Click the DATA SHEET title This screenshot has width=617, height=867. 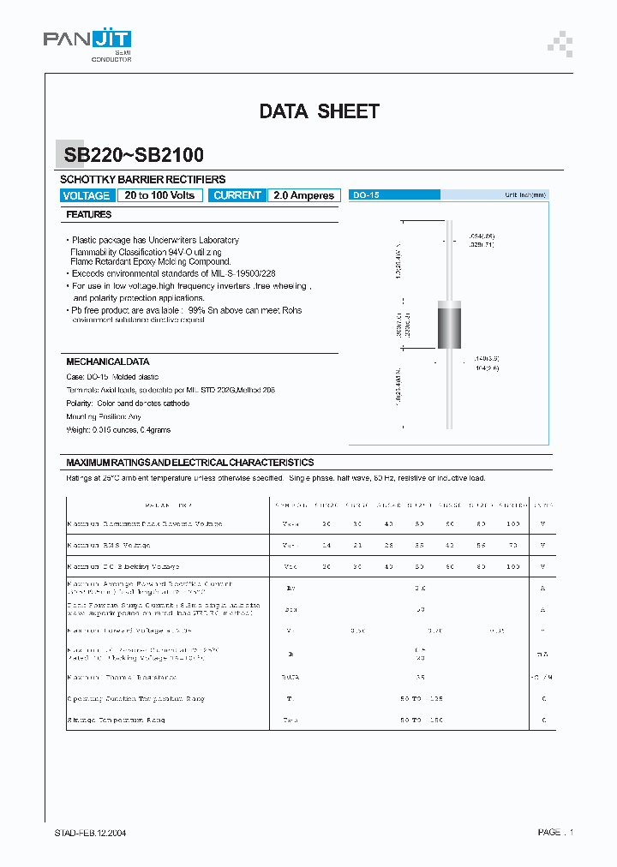pos(319,111)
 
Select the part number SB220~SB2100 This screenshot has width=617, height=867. pos(134,155)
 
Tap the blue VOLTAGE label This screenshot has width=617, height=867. pos(87,195)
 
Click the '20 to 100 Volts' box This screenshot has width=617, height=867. pos(159,195)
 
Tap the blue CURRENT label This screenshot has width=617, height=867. pos(237,195)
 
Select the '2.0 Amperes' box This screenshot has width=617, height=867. pos(303,195)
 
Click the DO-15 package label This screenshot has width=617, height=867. pos(366,195)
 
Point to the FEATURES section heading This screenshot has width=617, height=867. pos(89,215)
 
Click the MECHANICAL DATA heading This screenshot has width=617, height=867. pos(108,362)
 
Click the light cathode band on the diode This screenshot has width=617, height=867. pos(450,302)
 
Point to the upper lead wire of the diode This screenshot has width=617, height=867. pos(450,257)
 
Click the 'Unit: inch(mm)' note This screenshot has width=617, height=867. pos(524,195)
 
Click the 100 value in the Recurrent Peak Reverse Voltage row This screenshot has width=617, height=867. pos(513,523)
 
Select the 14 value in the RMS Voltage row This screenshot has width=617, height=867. pos(326,545)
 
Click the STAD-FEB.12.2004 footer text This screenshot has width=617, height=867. pos(91,833)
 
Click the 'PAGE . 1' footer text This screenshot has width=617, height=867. pos(555,833)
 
